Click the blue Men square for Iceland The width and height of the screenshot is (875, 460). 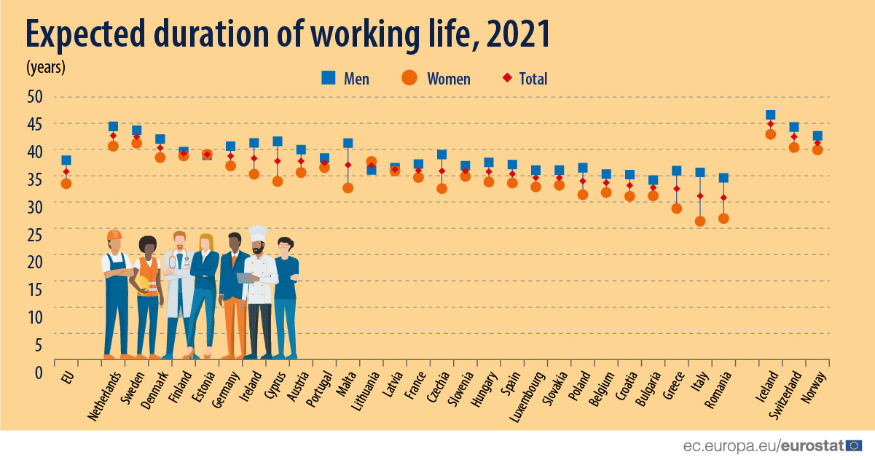770,115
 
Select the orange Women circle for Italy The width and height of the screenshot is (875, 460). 700,221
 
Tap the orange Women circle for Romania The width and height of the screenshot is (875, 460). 723,218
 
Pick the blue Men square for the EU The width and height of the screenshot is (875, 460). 66,160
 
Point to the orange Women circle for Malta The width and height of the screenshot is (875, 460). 348,188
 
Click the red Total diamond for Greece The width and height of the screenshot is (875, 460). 677,189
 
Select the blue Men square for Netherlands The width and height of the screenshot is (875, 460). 113,127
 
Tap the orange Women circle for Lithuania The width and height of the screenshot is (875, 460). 371,162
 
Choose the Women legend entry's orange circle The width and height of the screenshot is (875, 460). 409,78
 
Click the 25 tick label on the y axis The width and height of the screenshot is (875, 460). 35,234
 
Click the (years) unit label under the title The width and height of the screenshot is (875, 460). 46,67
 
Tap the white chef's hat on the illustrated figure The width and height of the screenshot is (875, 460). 258,233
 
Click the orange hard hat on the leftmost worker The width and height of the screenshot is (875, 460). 114,235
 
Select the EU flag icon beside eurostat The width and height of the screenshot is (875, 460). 855,445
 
